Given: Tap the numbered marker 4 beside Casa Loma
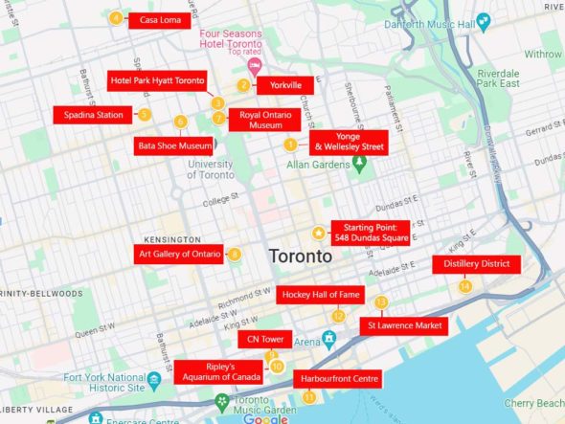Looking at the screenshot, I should coord(116,18).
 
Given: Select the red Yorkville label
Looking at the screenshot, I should coord(284,85).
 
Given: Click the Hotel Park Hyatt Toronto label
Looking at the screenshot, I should coord(157,80).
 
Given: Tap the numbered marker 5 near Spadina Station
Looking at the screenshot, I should coord(145,115).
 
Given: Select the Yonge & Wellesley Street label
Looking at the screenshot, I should coord(348,143).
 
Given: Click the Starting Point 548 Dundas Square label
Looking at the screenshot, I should coord(371,233).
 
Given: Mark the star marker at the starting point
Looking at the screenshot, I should coord(318,233).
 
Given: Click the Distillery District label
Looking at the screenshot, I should coord(477,264).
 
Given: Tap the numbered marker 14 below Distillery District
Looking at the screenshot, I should coord(465,285).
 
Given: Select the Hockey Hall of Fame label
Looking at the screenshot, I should coord(320,296).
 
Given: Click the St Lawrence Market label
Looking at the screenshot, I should coord(403,326).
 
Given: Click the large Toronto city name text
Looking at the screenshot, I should coord(301,257).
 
